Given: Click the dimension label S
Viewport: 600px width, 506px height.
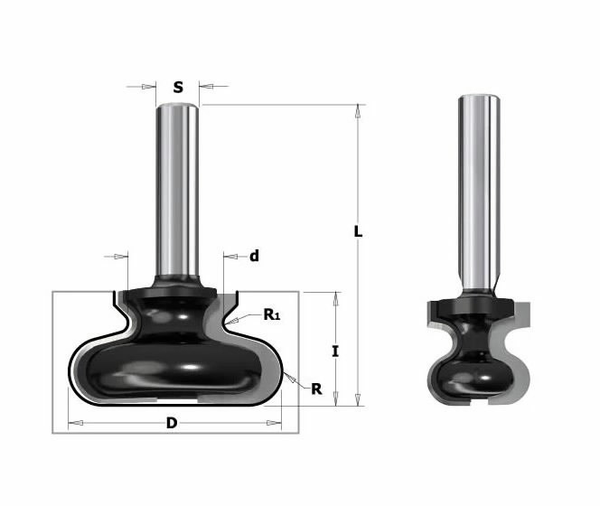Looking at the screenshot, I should [x=178, y=88].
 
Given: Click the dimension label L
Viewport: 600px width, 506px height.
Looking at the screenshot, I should [x=358, y=231].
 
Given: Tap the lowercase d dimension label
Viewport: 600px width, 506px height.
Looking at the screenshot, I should [x=254, y=257].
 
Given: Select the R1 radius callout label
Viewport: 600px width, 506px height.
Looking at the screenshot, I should [x=271, y=314].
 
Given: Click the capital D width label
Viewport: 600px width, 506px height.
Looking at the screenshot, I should [x=173, y=423].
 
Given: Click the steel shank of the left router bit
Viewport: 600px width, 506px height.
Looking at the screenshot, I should [x=177, y=190].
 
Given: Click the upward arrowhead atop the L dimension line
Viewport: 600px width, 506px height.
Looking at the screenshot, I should [x=358, y=111].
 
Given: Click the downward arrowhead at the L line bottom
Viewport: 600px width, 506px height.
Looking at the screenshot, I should [x=358, y=400].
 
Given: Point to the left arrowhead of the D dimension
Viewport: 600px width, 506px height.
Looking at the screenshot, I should [x=73, y=423].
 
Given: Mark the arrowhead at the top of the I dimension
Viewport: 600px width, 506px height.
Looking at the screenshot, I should [x=335, y=297].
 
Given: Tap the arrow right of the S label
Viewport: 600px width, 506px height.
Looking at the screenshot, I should [x=203, y=88].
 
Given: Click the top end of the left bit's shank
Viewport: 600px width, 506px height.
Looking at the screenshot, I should [x=177, y=108].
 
